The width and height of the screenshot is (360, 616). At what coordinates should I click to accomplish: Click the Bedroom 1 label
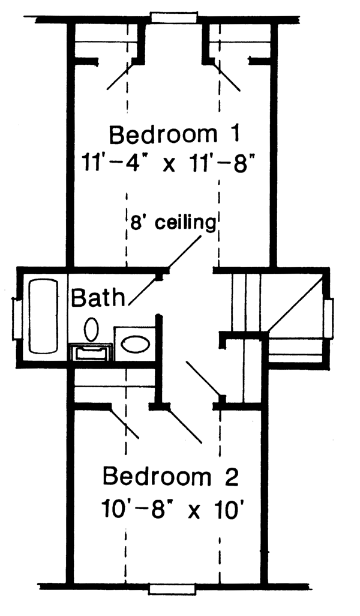point(175,134)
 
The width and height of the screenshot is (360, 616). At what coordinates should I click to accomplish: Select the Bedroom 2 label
point(170,478)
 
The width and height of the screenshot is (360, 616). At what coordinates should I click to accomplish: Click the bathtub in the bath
point(43,316)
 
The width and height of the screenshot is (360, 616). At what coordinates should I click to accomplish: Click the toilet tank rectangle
point(91,351)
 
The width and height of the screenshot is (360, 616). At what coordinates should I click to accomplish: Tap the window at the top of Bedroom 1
point(173,17)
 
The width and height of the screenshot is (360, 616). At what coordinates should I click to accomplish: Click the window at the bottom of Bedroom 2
point(172,588)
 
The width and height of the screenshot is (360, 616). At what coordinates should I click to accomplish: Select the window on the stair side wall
point(329,318)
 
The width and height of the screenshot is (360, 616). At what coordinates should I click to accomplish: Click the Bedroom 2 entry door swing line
point(185,426)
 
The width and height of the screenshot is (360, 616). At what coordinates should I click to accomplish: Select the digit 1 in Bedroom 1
point(233,134)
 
